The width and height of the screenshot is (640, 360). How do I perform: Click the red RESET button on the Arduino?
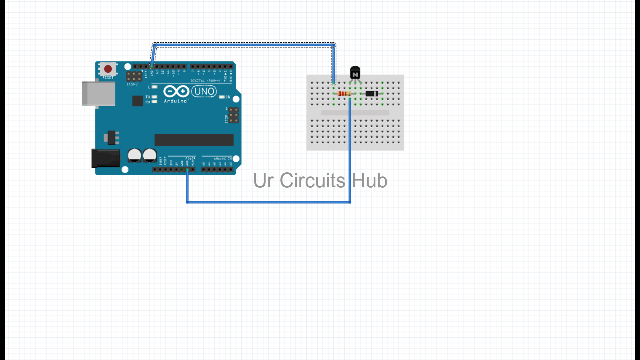(108, 69)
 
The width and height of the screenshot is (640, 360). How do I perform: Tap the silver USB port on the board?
(98, 94)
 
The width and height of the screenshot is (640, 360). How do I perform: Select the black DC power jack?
(106, 158)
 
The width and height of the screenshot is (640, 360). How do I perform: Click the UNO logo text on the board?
(204, 91)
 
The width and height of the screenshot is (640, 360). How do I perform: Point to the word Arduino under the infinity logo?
(176, 101)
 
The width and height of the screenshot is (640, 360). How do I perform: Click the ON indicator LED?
(222, 97)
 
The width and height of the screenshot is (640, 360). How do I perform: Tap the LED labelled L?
(154, 87)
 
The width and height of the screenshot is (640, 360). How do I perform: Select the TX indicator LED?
(154, 97)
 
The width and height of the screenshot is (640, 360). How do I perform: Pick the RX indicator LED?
(154, 102)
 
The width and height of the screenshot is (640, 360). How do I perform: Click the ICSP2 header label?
(132, 84)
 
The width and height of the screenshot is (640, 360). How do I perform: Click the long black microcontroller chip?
(194, 140)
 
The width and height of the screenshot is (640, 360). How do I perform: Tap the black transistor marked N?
(355, 72)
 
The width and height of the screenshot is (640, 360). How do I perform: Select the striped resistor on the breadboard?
(344, 94)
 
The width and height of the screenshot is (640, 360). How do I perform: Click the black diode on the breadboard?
(372, 94)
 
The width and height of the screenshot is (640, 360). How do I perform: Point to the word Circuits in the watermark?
(312, 180)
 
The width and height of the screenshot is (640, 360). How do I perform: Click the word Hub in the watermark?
(369, 180)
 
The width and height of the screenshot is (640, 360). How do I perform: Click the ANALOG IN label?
(223, 159)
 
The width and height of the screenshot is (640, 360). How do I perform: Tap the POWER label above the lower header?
(190, 159)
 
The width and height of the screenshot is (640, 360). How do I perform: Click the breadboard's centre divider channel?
(355, 113)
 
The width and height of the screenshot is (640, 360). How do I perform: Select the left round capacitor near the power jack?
(135, 155)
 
